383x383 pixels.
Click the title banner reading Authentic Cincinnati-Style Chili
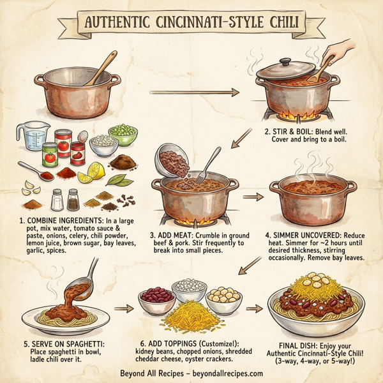click(x=191, y=24)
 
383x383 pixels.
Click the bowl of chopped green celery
click(x=123, y=134)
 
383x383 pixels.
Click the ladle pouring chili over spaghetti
click(x=84, y=281)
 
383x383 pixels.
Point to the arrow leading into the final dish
click(x=255, y=308)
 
